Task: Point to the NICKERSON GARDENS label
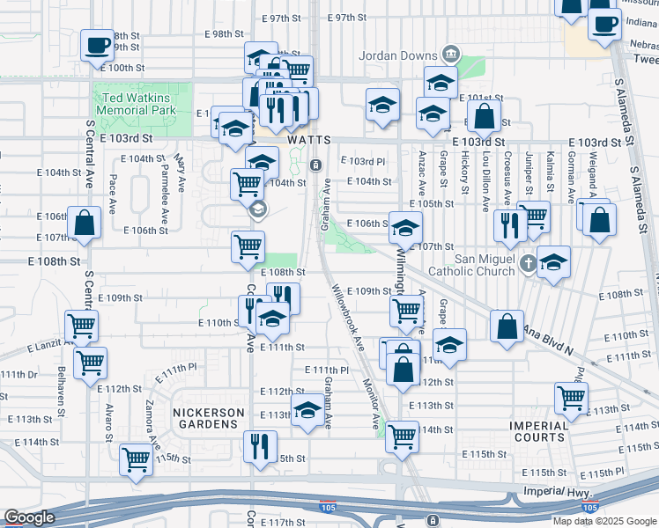208,412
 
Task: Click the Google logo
30,517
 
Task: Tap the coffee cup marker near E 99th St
97,44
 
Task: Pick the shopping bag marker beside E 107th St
85,222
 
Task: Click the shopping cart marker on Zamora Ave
137,458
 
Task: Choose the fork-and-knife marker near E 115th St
257,446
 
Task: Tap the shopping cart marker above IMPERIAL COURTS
571,397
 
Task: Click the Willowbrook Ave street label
346,316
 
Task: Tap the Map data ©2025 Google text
603,521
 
